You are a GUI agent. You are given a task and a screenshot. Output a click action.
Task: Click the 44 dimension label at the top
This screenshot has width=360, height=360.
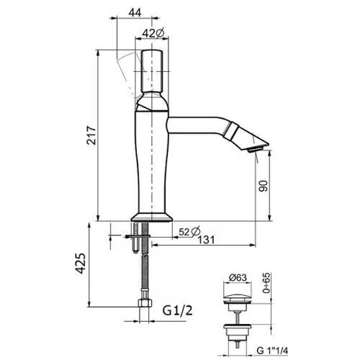(135, 12)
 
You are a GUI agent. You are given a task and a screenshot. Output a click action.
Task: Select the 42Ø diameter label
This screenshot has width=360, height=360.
(153, 33)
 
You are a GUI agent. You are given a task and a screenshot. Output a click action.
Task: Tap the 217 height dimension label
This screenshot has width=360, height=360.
(91, 135)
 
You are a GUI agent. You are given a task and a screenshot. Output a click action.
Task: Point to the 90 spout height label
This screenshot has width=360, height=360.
(263, 186)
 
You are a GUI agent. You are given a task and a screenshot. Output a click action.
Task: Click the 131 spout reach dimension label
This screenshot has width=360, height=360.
(207, 240)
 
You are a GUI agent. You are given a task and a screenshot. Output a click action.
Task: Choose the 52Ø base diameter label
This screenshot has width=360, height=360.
(189, 232)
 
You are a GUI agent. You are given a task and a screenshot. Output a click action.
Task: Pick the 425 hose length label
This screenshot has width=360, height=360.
(81, 263)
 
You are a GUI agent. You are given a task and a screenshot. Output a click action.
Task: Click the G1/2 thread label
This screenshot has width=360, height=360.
(177, 310)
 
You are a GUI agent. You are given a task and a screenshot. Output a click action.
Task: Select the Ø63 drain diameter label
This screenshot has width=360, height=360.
(238, 277)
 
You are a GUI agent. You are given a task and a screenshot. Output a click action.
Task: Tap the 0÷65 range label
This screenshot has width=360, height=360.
(266, 283)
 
